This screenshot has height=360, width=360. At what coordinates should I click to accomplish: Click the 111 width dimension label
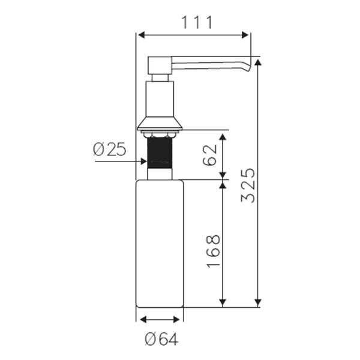point(197,23)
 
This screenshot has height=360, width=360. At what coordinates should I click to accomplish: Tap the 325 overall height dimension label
point(248,186)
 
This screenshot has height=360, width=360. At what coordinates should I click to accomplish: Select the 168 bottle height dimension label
point(214,251)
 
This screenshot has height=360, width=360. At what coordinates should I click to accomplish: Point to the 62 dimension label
point(210,155)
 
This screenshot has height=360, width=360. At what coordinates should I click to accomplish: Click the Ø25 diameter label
point(110,149)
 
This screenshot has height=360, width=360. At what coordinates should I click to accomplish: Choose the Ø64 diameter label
point(161,339)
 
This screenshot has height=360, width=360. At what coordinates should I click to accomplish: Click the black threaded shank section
point(160,152)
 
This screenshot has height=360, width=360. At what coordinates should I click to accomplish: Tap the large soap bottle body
point(160,244)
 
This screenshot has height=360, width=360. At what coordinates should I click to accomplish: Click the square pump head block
point(160,65)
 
